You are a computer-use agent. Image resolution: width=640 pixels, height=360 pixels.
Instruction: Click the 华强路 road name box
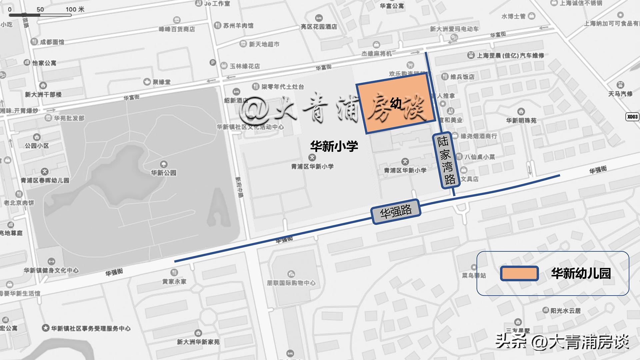click(396, 211)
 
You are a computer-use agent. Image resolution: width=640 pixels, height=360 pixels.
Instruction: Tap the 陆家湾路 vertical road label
click(446, 160)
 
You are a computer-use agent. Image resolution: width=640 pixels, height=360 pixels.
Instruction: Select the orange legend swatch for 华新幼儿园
click(519, 273)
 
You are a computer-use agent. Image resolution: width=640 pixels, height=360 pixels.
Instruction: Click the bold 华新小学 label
click(334, 146)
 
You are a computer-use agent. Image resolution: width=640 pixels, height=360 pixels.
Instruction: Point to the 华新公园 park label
click(163, 172)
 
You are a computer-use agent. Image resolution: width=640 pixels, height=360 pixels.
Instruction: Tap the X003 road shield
click(632, 117)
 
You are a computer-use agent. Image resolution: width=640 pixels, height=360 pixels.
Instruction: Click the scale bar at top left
click(40, 15)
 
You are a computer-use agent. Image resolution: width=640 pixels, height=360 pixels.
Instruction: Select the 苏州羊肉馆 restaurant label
click(238, 25)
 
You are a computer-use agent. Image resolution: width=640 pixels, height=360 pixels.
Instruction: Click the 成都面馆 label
click(52, 42)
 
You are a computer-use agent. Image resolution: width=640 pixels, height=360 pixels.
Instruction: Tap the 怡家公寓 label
click(44, 63)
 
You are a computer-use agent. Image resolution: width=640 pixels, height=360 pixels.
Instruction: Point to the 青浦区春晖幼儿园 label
click(45, 180)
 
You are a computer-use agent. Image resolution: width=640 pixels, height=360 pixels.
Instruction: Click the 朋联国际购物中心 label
click(291, 283)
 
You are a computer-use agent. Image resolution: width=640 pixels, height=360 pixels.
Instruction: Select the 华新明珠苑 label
click(521, 120)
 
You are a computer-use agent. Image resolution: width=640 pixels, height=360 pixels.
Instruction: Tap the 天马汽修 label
click(620, 94)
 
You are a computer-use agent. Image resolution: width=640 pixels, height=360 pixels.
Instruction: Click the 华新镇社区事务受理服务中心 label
click(91, 328)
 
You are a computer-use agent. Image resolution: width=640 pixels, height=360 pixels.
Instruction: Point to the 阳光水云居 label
click(565, 311)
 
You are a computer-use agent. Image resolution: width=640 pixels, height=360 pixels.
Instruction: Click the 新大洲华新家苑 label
click(198, 342)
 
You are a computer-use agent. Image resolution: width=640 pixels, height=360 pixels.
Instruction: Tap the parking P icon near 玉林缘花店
click(213, 62)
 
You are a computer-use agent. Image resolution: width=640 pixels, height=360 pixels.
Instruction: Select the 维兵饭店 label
click(462, 77)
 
